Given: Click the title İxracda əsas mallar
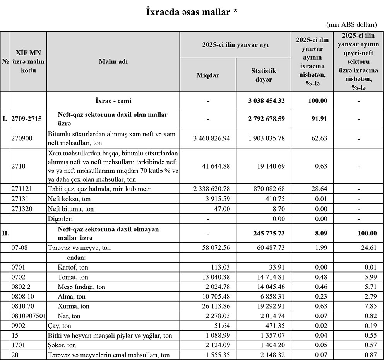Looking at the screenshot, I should pyautogui.click(x=192, y=12).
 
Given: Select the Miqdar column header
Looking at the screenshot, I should pyautogui.click(x=208, y=75).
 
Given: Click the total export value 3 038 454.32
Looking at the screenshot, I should pyautogui.click(x=267, y=101).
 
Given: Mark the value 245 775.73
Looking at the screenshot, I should pyautogui.click(x=267, y=233).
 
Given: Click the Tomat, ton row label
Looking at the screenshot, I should pyautogui.click(x=73, y=277).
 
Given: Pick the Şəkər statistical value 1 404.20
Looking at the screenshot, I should pyautogui.click(x=274, y=345).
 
